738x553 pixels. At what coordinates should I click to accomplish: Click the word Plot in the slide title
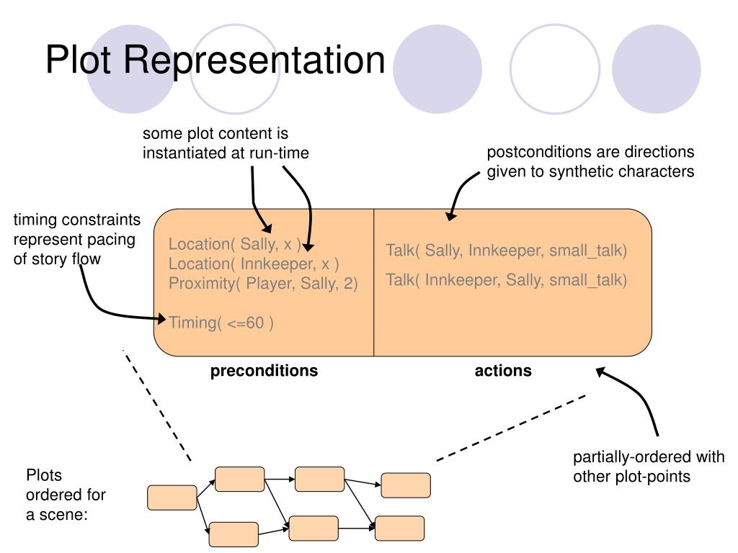pyautogui.click(x=78, y=60)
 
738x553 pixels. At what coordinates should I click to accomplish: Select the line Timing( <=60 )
pyautogui.click(x=221, y=323)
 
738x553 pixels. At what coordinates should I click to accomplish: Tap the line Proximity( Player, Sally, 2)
pyautogui.click(x=263, y=284)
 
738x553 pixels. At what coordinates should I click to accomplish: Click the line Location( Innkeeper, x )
pyautogui.click(x=254, y=264)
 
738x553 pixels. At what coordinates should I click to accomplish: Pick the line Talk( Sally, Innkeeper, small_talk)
pyautogui.click(x=507, y=251)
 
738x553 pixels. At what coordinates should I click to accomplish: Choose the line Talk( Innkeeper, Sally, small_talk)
pyautogui.click(x=507, y=280)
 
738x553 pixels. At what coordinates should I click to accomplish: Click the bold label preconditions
pyautogui.click(x=264, y=371)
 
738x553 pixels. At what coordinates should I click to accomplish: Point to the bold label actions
pyautogui.click(x=503, y=371)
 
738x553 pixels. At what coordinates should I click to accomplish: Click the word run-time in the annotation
pyautogui.click(x=279, y=153)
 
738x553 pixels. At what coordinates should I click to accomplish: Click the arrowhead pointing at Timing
pyautogui.click(x=161, y=319)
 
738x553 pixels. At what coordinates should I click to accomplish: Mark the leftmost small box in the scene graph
pyautogui.click(x=172, y=498)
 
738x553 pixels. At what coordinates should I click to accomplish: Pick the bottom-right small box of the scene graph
pyautogui.click(x=399, y=529)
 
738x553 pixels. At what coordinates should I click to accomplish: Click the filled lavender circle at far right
pyautogui.click(x=657, y=69)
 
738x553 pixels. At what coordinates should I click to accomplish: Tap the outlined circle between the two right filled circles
pyautogui.click(x=555, y=69)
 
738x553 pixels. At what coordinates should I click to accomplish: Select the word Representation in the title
pyautogui.click(x=254, y=61)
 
